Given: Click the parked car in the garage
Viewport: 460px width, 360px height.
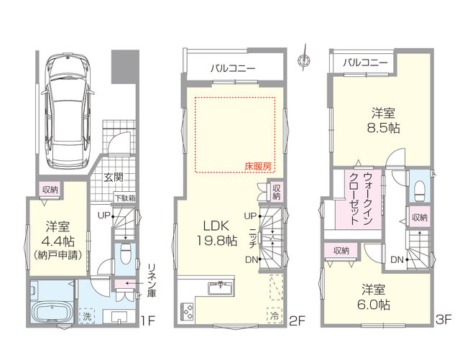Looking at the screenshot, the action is point(67,110).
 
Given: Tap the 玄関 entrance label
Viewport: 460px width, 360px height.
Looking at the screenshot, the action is point(114,177).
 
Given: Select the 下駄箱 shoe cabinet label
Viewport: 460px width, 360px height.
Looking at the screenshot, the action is point(125,198).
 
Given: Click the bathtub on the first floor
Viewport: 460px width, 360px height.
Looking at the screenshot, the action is point(52,313).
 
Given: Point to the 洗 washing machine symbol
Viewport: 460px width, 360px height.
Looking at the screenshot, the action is point(86,315).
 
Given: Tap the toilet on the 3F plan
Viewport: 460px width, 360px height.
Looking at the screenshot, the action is point(420,191).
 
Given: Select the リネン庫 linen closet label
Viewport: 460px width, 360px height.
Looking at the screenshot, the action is point(152,280).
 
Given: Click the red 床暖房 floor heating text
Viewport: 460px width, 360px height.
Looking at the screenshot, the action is point(258,167).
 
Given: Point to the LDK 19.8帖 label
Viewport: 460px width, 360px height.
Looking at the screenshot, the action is point(216,234).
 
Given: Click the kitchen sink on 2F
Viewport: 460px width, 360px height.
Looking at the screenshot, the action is point(221,287).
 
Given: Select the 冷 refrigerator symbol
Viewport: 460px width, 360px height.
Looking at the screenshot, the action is point(275,315).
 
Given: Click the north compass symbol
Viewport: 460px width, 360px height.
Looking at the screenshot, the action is point(304,59).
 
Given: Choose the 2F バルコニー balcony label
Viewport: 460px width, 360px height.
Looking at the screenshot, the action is point(233,69).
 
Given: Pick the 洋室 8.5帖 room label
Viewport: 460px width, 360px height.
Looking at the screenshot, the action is point(383,121).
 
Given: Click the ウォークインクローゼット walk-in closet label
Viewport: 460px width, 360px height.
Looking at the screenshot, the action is point(361,198).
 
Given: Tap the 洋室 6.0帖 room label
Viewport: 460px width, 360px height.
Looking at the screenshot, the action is point(373,297).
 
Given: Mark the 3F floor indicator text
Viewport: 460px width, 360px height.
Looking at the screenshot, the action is point(443,320).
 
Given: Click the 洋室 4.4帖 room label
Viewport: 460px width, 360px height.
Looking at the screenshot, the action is point(57,240).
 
